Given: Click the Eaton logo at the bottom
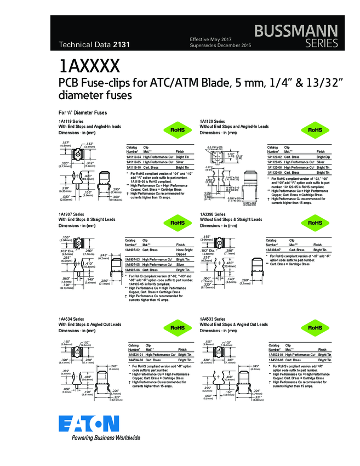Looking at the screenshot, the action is click(88, 423).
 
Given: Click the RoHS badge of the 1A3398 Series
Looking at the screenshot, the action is click(315, 223).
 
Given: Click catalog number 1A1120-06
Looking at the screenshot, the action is click(276, 168).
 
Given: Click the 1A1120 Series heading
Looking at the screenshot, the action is click(212, 121).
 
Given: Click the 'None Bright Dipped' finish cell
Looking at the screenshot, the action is click(183, 252).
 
